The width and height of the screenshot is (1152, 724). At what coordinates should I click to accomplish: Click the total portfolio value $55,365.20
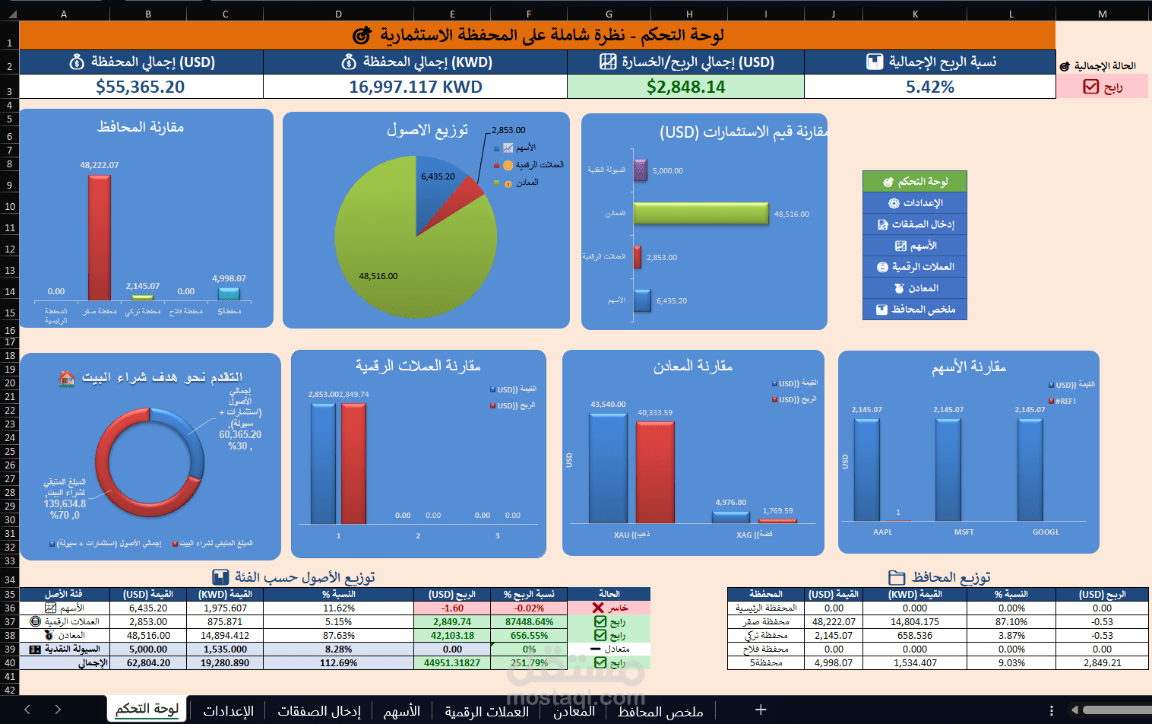(x=141, y=87)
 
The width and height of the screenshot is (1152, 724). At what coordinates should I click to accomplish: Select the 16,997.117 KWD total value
(x=415, y=87)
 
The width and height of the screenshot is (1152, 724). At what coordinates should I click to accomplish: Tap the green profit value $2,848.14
(x=685, y=87)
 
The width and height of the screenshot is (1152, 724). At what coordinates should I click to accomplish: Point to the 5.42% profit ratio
(x=929, y=87)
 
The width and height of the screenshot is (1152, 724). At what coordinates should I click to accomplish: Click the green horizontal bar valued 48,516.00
(x=701, y=214)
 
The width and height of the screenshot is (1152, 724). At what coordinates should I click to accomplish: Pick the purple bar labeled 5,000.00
(x=640, y=170)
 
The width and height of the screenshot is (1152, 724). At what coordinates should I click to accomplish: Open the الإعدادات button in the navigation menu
(x=915, y=203)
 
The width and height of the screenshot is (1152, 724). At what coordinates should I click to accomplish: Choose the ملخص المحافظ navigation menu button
(x=915, y=310)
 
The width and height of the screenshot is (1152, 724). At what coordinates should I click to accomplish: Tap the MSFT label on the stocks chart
(x=964, y=532)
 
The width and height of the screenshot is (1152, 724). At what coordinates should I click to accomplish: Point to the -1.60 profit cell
(x=452, y=608)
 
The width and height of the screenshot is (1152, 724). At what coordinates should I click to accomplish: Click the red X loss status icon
(x=598, y=608)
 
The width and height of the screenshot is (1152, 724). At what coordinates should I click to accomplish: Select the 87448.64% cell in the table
(x=529, y=622)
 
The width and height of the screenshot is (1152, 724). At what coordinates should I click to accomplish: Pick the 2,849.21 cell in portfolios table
(x=1102, y=663)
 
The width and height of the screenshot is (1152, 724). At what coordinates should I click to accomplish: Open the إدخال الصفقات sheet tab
(x=318, y=711)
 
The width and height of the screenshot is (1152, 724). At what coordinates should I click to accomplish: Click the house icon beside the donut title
(x=67, y=378)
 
